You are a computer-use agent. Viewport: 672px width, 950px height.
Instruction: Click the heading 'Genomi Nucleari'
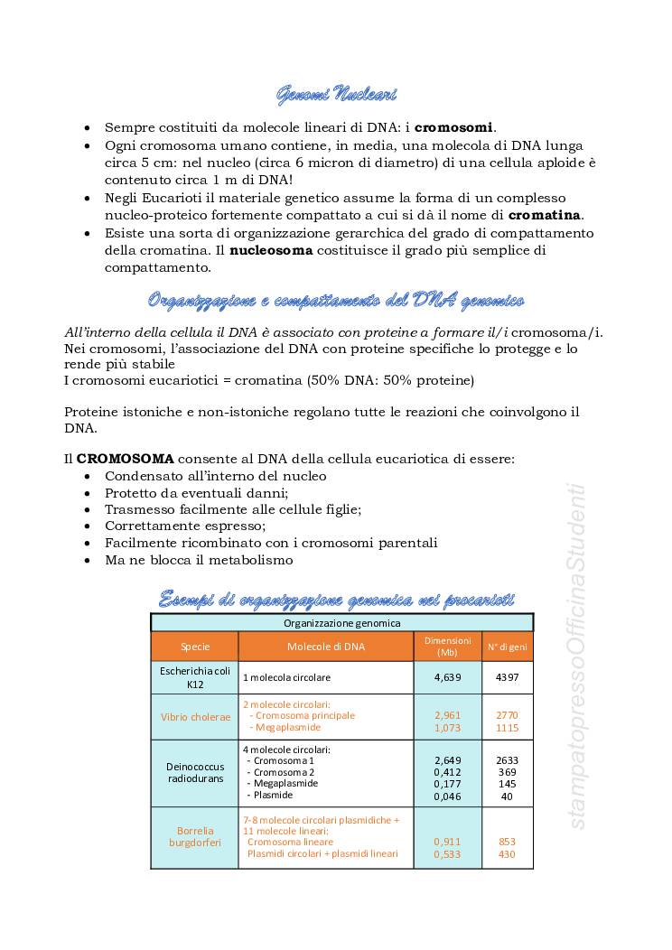coord(335,94)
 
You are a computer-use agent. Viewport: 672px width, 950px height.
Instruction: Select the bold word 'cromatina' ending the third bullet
coord(545,215)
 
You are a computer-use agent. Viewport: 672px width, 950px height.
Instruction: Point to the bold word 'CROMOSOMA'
coord(126,459)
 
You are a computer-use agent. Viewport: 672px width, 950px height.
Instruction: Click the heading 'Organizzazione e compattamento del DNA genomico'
coord(335,300)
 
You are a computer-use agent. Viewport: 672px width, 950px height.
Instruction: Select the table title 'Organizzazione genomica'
coord(341,623)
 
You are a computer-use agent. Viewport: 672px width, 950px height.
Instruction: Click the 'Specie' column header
coord(195,647)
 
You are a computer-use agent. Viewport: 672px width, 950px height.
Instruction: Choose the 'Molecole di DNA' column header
coord(326,647)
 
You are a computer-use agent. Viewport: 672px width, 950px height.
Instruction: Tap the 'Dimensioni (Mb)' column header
coord(447,647)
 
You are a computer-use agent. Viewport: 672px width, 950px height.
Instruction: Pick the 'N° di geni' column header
coord(507,647)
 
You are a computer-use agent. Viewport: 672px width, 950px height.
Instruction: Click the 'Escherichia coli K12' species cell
coord(195,677)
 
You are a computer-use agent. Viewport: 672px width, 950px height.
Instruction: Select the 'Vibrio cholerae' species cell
coord(195,717)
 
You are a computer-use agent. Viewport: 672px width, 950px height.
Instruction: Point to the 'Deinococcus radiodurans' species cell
coord(195,772)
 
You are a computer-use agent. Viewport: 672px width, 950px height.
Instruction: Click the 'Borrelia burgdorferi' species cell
coord(195,836)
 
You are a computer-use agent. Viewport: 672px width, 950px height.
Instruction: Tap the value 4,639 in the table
coord(448,676)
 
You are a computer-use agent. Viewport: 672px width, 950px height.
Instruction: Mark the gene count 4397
coord(507,676)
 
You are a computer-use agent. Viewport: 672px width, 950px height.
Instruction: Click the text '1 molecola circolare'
coord(286,677)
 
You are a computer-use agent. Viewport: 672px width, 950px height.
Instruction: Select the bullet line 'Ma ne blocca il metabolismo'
coord(199,560)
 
